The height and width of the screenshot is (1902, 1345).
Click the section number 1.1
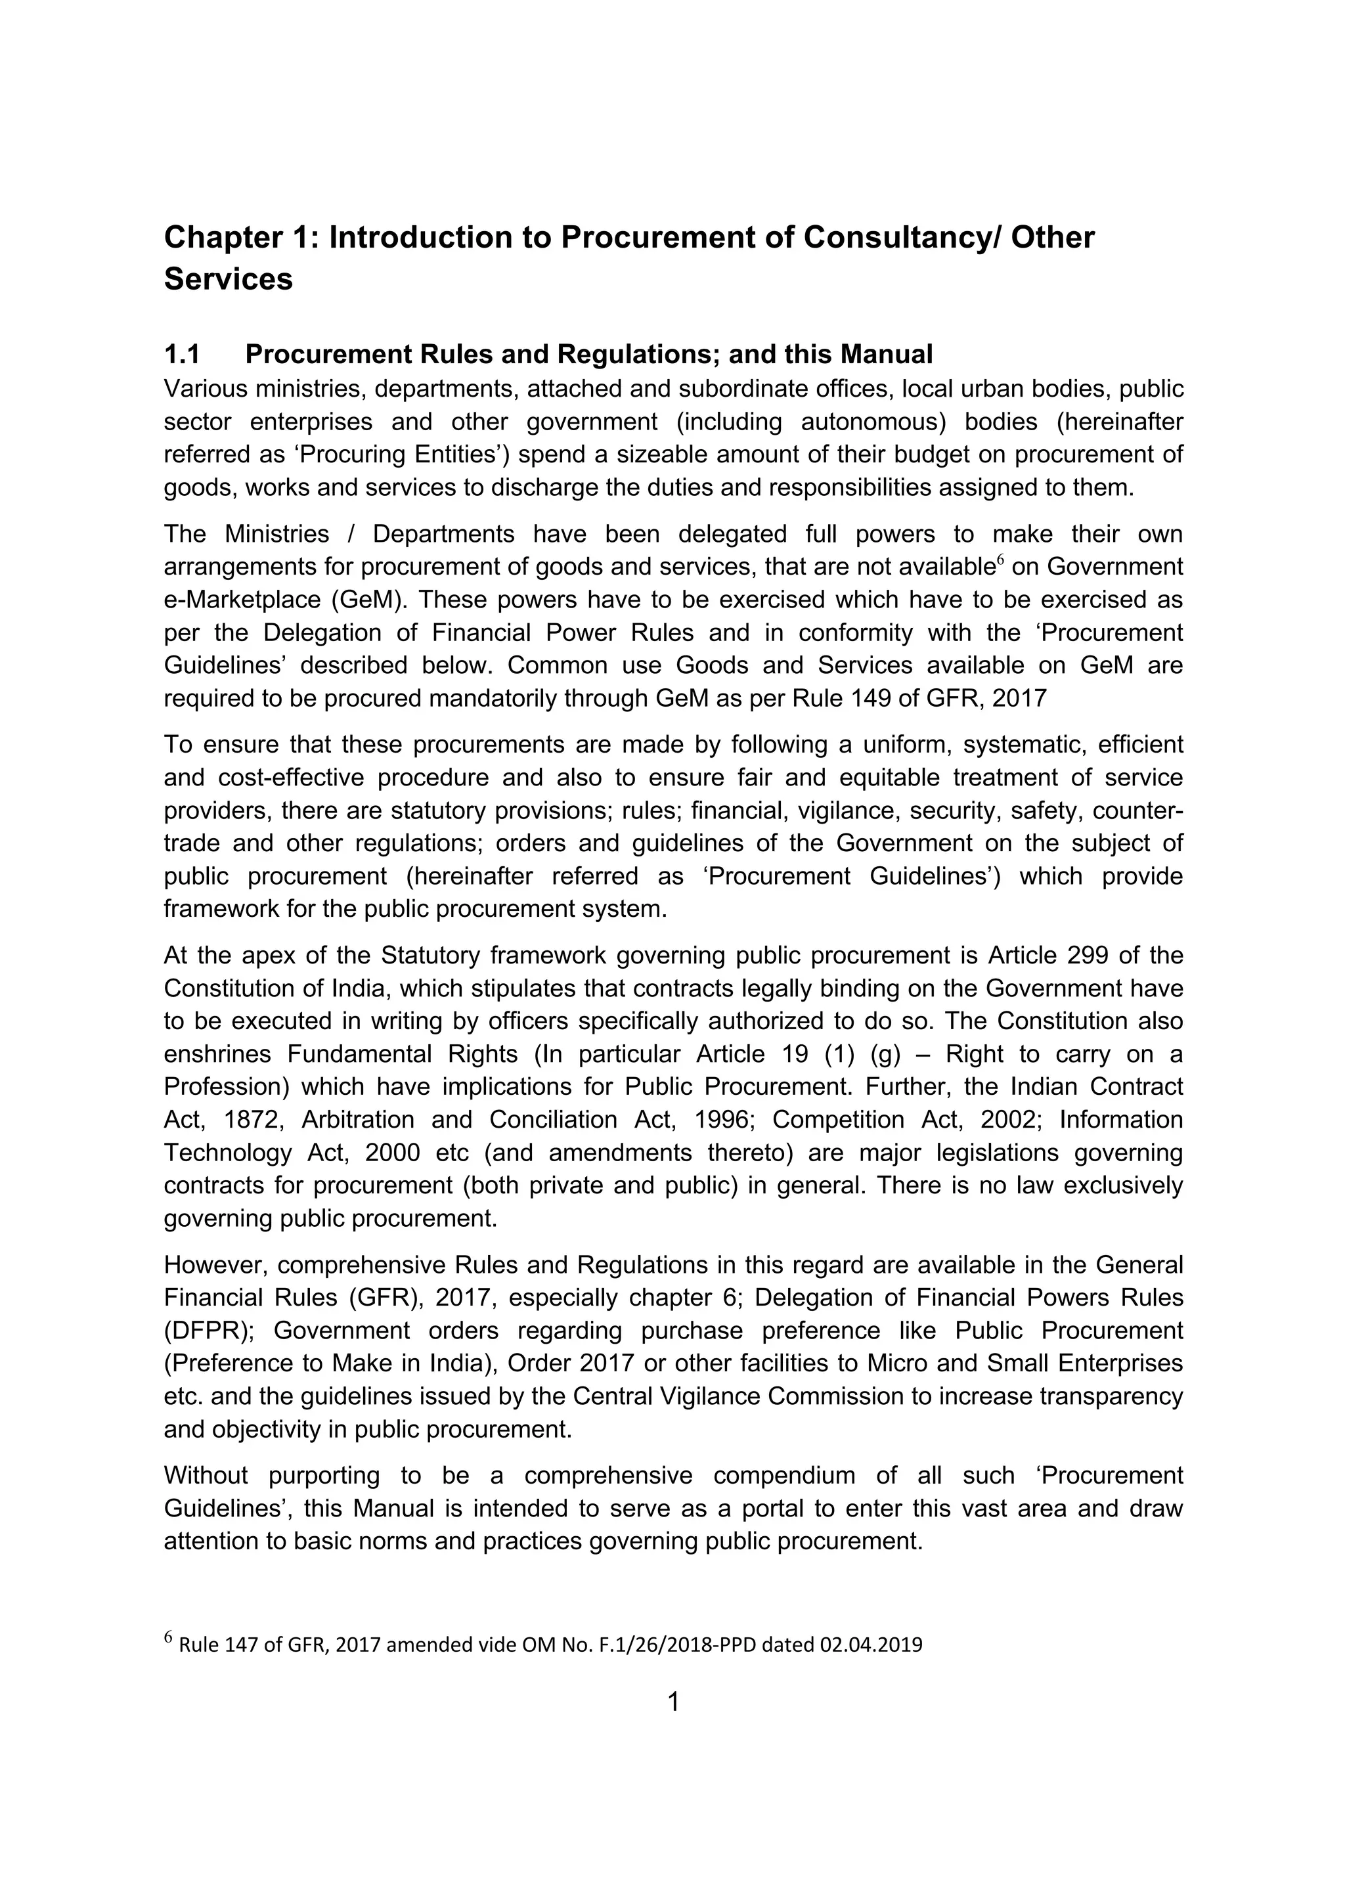182,355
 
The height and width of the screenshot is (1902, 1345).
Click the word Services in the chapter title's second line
229,279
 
